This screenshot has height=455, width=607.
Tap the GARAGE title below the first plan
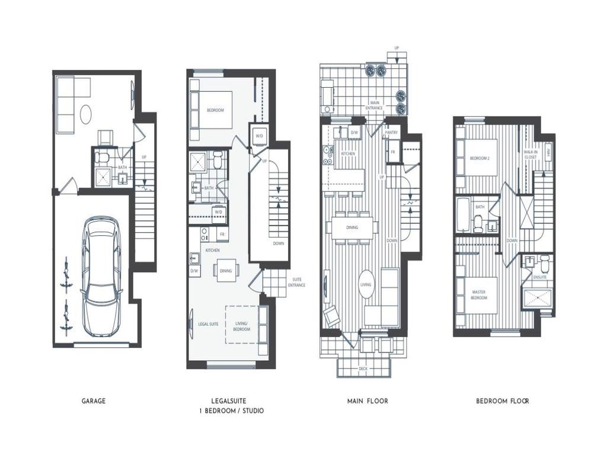coord(94,401)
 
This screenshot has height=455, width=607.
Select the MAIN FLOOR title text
coord(368,401)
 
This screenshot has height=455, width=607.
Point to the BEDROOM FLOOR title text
coord(503,401)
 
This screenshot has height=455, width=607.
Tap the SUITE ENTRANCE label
coord(296,283)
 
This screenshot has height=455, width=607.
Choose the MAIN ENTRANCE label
coord(374,105)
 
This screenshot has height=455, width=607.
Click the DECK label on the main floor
coord(363,369)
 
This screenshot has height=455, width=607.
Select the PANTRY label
coord(392,133)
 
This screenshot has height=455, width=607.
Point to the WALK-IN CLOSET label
coord(531,155)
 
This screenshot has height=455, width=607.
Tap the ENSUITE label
coord(540,277)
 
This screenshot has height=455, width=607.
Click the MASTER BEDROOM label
coord(479,294)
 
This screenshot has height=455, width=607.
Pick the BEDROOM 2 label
coord(480,158)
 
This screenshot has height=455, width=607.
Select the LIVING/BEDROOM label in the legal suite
coord(242,326)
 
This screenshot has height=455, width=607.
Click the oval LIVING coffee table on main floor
coord(366,284)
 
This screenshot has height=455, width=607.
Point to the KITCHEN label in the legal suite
coord(212,251)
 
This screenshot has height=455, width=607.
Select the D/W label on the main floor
coord(354,133)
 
